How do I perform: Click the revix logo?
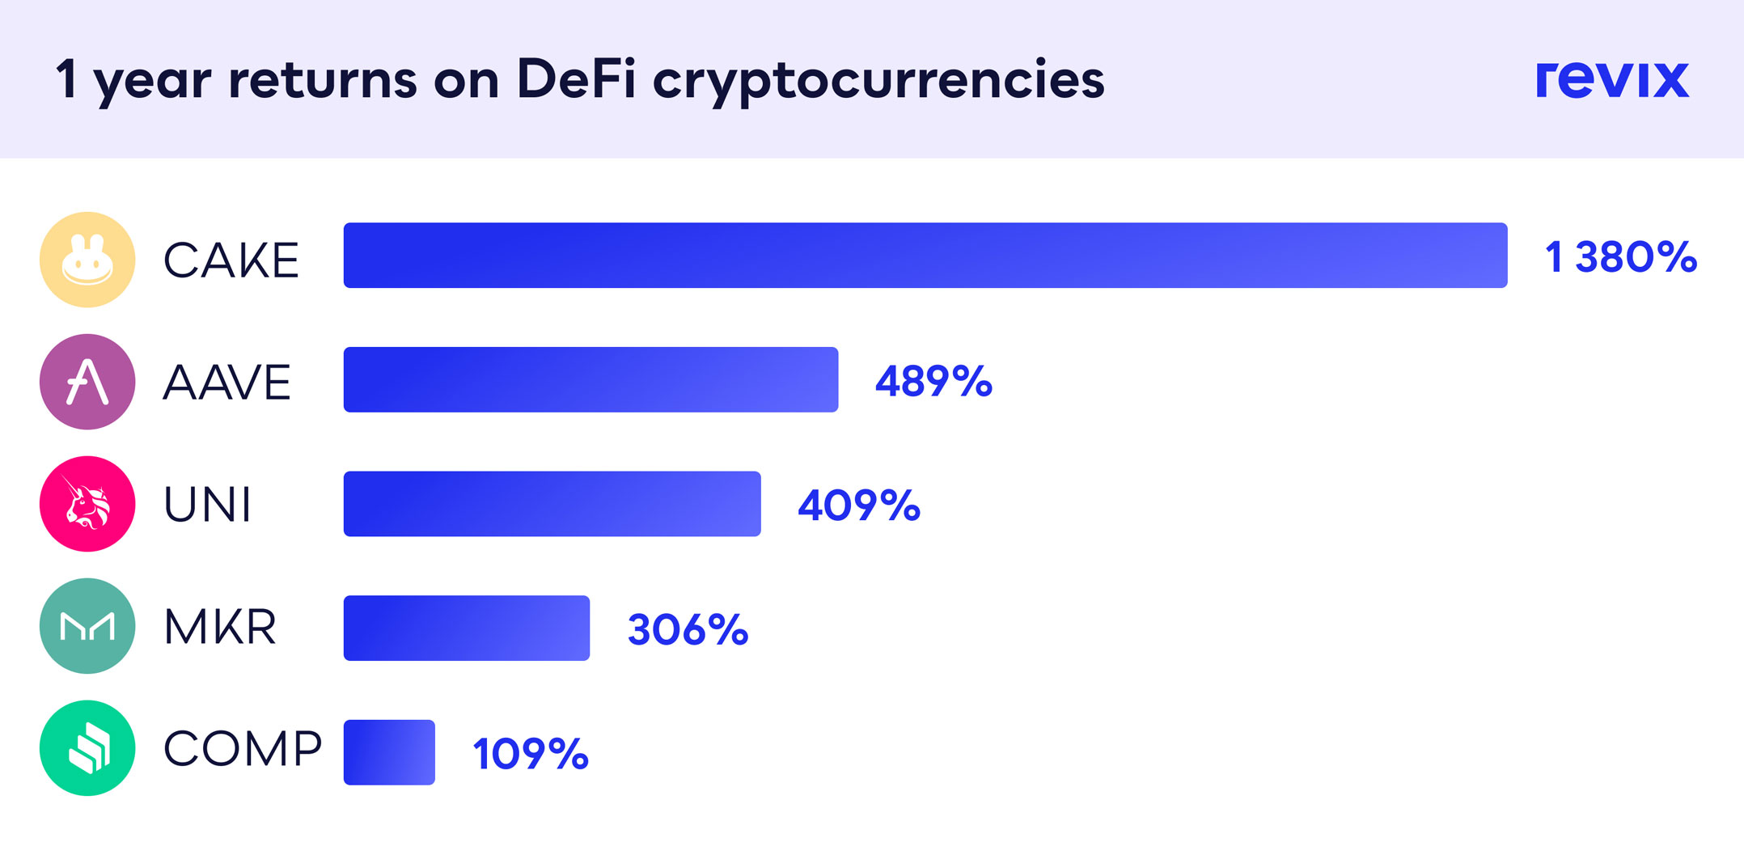1611,80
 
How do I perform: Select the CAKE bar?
925,256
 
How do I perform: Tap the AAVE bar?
591,380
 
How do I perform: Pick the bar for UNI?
552,504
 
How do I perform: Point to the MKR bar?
466,628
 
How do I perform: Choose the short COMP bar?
389,752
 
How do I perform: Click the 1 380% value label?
1620,257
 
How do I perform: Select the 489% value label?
933,381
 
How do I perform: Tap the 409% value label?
859,506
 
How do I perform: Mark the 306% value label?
688,629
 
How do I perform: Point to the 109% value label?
531,754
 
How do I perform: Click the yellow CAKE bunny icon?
87,260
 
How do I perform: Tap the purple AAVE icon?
87,382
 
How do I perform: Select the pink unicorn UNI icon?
87,504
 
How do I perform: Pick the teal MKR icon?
87,626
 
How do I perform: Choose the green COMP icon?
87,748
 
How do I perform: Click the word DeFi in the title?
576,79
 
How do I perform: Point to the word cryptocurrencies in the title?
878,81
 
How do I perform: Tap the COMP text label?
243,748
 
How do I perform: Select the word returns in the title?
323,80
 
